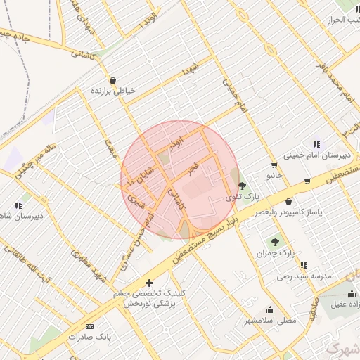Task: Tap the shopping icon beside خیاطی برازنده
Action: coord(113,79)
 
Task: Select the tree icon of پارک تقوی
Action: coord(243,186)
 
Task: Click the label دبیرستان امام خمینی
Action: coord(316,155)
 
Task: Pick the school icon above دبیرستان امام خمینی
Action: coord(316,144)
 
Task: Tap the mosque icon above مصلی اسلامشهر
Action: coord(270,309)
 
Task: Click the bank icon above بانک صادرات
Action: coord(89,327)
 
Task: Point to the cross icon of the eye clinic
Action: coord(149,282)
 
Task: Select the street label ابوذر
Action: coord(176,142)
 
